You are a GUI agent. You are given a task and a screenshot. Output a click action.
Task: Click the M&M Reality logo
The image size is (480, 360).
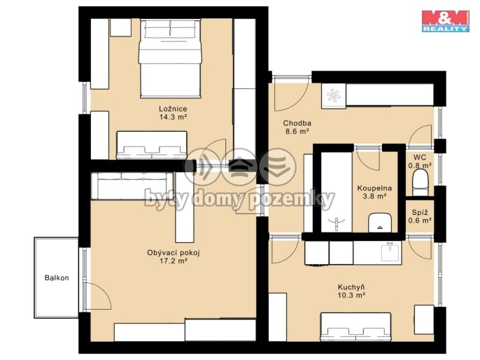coord(446,21)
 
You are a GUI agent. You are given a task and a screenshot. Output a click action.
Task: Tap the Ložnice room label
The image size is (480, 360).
coord(173,109)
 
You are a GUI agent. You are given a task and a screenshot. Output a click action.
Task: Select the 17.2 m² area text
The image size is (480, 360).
coord(174,261)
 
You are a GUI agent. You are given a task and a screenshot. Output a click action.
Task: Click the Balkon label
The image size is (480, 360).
coord(57,278)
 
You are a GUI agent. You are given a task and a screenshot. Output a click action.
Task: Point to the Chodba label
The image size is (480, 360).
coord(297,123)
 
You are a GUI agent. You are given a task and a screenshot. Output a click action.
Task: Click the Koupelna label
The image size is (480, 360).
coord(374,188)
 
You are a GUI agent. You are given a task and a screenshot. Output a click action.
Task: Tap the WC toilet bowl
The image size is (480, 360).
coord(421,183)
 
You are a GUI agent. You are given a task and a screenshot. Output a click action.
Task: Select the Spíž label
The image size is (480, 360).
coord(420,212)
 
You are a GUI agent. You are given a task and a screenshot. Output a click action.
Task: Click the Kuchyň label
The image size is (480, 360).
coord(351,287)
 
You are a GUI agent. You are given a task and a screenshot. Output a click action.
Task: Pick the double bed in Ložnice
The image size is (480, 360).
coord(170,59)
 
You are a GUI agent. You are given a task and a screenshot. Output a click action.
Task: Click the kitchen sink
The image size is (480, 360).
coord(391,252)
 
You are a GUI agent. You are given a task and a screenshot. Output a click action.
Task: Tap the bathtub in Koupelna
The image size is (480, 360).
coord(337,192)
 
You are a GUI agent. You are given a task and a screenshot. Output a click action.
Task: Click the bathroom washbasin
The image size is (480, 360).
coord(380,223)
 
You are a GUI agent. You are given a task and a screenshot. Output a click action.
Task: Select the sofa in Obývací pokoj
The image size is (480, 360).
coord(133,186)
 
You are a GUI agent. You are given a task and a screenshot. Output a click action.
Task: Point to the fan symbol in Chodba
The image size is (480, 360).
coord(333,95)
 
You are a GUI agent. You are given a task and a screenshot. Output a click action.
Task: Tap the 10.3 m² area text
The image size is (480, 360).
coord(351,296)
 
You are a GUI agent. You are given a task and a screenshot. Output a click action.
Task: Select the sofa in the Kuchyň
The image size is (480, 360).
coord(355,327)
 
